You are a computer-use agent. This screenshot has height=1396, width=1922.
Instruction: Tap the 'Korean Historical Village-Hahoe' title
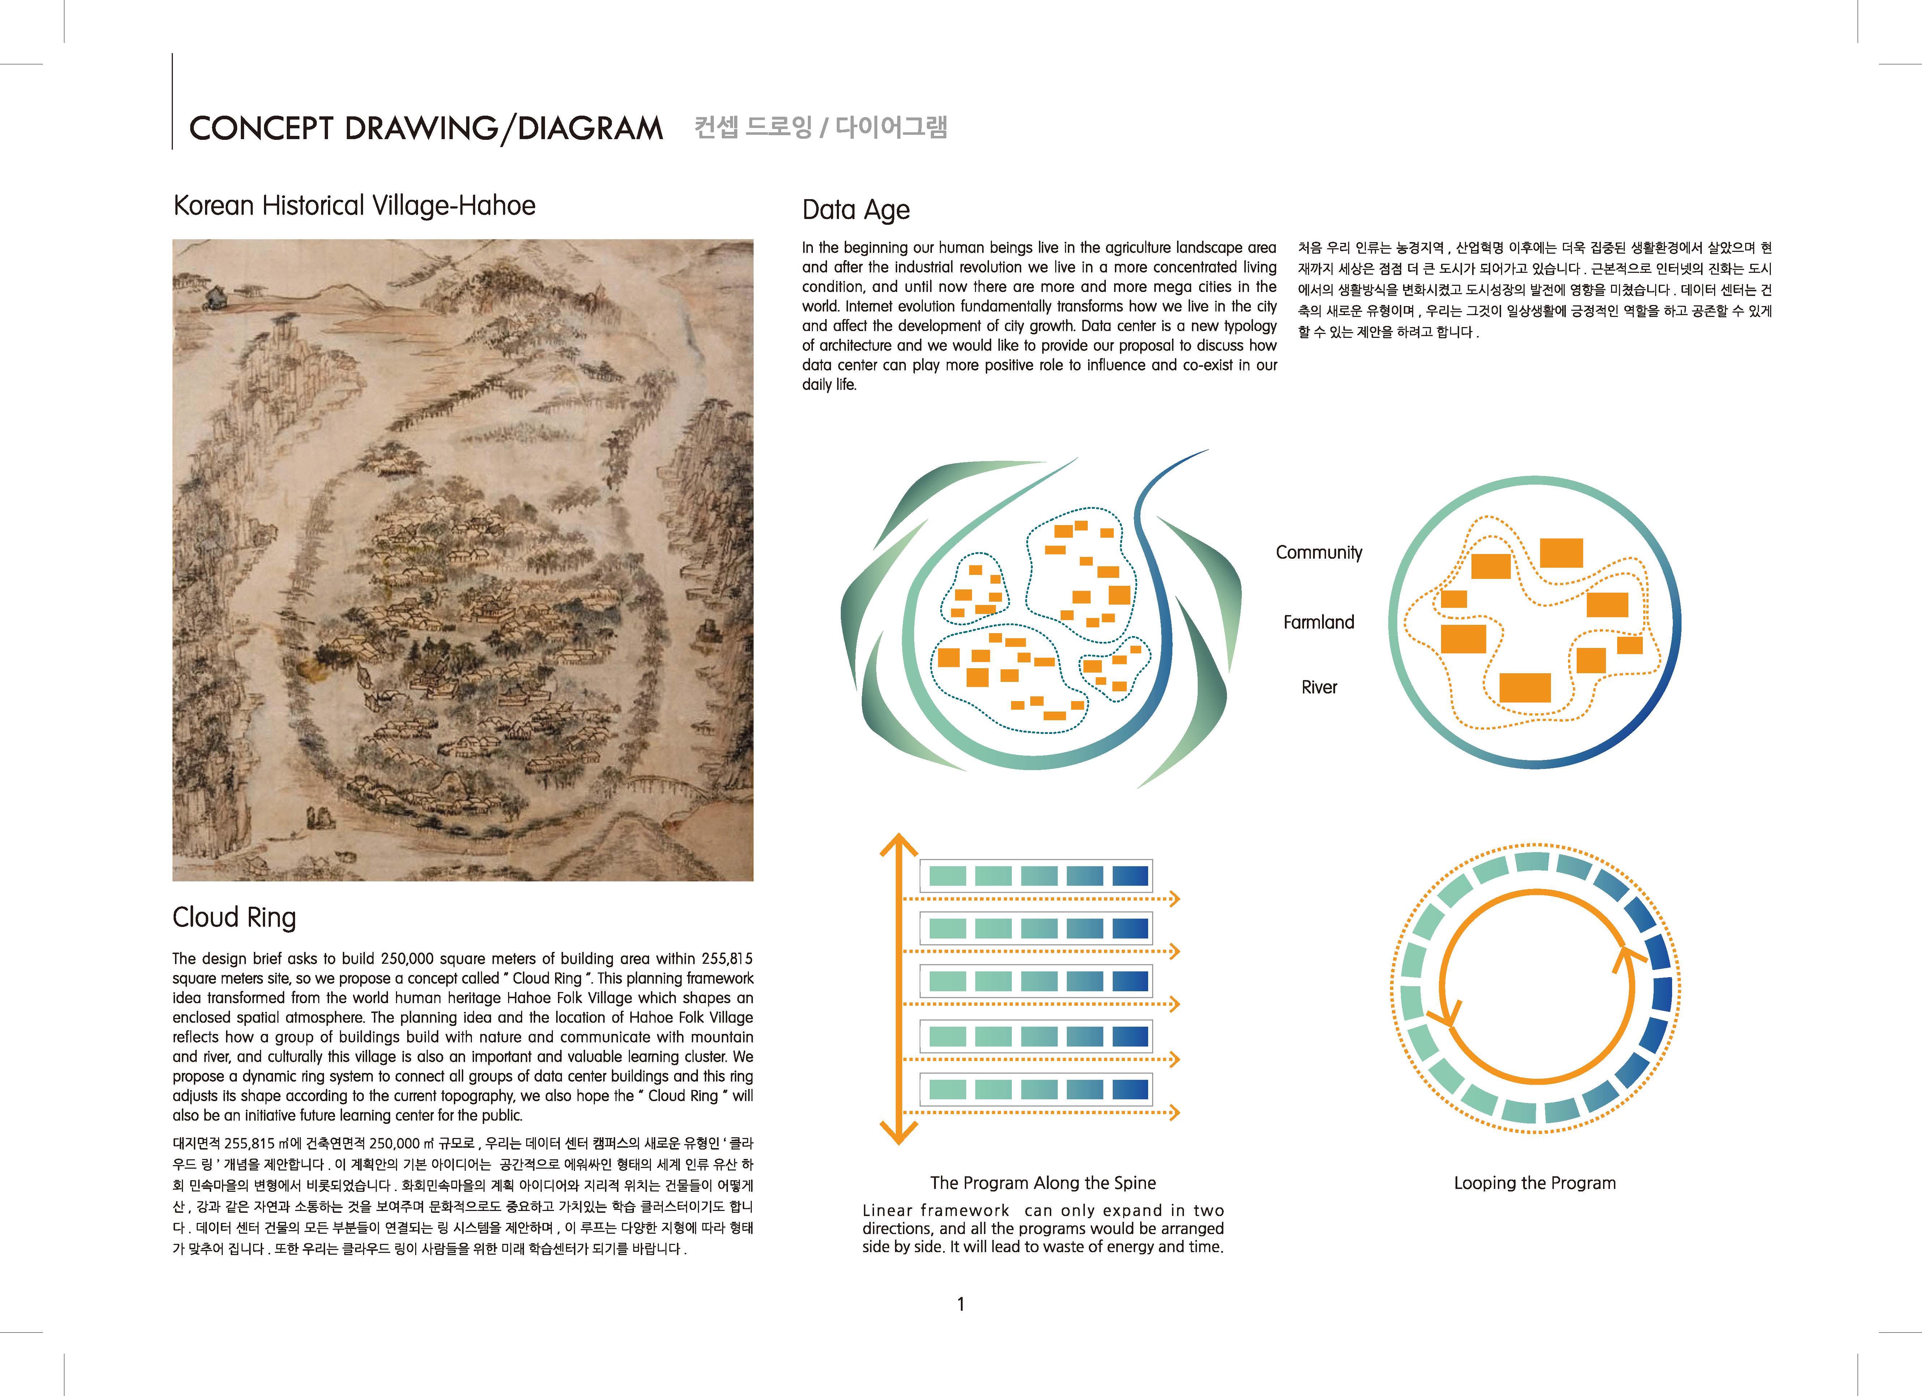click(354, 206)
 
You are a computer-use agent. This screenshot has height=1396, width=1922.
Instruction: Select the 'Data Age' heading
click(856, 210)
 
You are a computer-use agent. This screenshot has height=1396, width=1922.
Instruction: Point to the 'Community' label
click(1318, 552)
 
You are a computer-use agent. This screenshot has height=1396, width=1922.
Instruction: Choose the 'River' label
click(1318, 687)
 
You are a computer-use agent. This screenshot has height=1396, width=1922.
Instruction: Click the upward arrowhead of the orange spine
click(898, 844)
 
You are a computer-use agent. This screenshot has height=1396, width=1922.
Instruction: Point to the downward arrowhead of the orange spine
click(898, 1133)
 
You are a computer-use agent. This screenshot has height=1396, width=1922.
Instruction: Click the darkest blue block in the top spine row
click(1130, 876)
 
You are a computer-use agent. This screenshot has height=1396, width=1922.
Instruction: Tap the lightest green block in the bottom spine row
click(947, 1089)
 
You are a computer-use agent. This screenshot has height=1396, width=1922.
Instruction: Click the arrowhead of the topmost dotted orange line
click(1175, 899)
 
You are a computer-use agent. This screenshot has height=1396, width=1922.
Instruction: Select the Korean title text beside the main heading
click(820, 127)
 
